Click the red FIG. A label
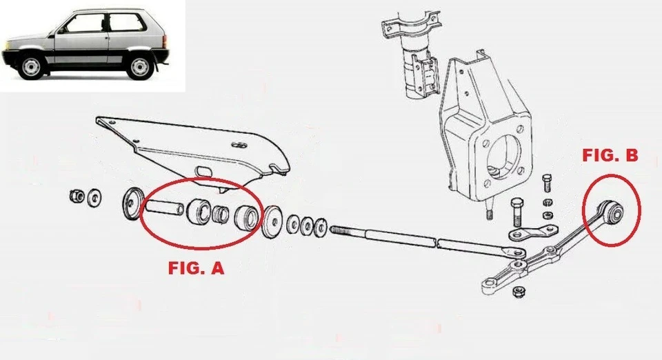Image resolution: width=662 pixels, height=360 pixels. coord(196,269)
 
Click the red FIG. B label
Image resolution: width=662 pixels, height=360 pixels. coord(610,157)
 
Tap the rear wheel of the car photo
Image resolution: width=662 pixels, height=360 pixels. coord(141,66)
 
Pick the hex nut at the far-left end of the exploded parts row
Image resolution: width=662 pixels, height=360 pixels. coord(76,196)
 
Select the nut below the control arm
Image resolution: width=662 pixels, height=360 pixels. coord(518,293)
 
